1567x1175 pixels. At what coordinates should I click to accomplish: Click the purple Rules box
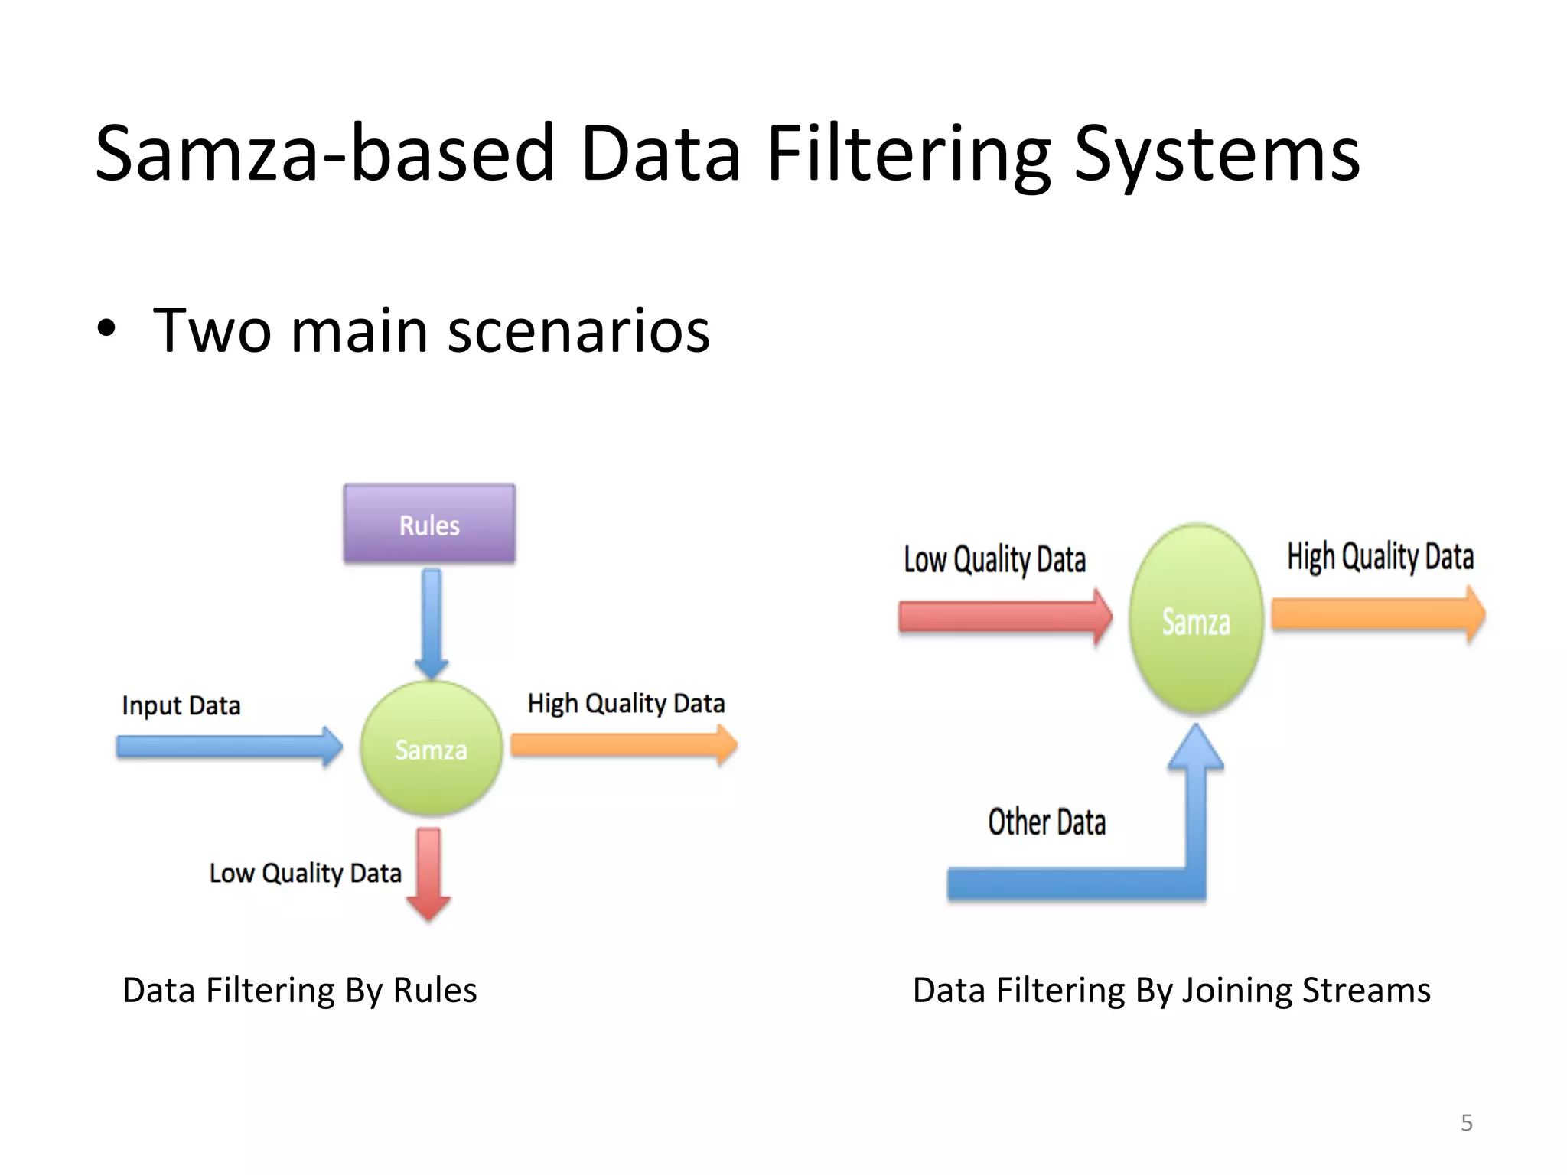[429, 525]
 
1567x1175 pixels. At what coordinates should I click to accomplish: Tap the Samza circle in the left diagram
[431, 748]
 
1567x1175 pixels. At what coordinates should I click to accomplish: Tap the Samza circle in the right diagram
[1196, 620]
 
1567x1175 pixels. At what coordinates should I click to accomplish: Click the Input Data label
[181, 705]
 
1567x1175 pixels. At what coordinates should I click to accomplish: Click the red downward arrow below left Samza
[428, 872]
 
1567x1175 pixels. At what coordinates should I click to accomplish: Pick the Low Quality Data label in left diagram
[305, 874]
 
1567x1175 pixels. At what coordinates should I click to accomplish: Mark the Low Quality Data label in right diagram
[995, 560]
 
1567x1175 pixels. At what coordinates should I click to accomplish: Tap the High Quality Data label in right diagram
[1380, 557]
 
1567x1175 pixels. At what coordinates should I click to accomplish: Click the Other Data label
[1047, 822]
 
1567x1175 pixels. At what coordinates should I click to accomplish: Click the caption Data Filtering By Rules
[299, 991]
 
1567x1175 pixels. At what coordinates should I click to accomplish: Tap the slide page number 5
[1466, 1122]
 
